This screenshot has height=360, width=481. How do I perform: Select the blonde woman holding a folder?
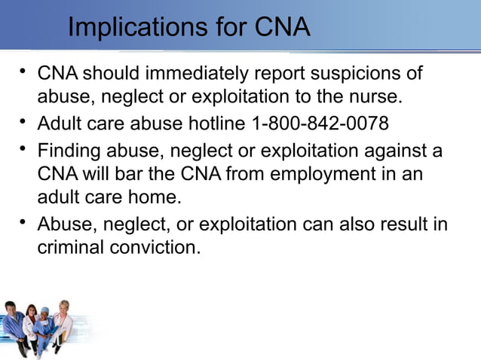click(x=63, y=320)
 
